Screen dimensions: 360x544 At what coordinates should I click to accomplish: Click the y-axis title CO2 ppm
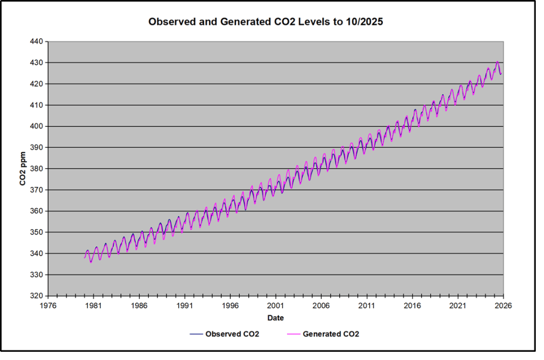point(23,169)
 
